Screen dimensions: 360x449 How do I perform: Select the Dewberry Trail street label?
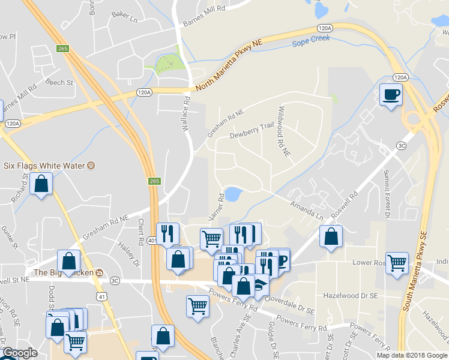(x=252, y=131)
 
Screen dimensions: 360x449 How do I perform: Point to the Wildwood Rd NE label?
(x=283, y=133)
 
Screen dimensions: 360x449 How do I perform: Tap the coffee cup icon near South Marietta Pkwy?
(x=391, y=95)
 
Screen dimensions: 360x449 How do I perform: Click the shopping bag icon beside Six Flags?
(x=41, y=184)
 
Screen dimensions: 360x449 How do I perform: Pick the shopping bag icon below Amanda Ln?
(x=331, y=236)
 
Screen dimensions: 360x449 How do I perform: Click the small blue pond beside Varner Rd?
(x=233, y=194)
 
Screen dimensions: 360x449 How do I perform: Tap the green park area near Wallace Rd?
(x=167, y=63)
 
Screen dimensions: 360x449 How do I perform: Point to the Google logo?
(x=19, y=353)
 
